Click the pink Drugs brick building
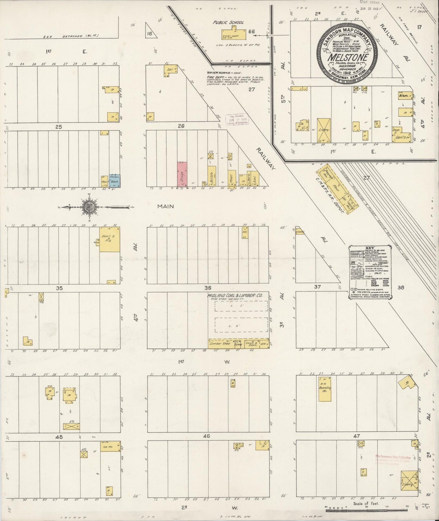tap(182, 174)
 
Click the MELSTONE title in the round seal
tap(347, 57)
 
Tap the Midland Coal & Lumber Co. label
tap(235, 295)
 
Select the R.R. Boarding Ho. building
tap(325, 389)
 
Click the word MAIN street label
tap(166, 206)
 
